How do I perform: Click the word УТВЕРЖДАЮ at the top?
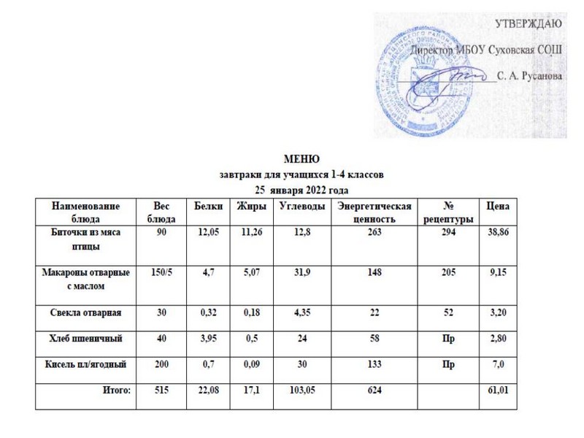coord(529,23)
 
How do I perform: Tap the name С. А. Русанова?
coord(528,76)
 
